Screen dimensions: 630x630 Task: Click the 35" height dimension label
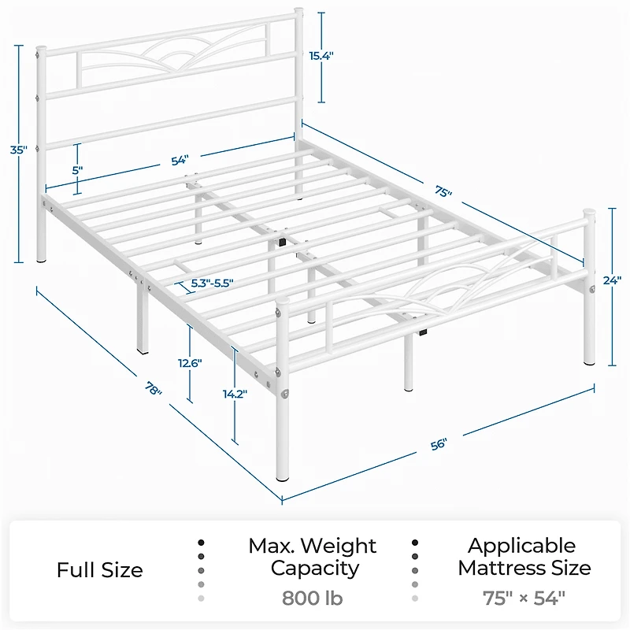(x=18, y=150)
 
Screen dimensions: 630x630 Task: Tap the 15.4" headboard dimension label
(x=321, y=56)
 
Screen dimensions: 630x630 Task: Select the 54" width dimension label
(x=180, y=161)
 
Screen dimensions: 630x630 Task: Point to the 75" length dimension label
(x=443, y=191)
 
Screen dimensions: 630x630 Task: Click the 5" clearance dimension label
(x=77, y=170)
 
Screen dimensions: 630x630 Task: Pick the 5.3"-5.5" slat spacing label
(x=212, y=283)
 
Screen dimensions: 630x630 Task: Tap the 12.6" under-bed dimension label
(x=190, y=363)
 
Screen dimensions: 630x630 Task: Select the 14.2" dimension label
(x=235, y=395)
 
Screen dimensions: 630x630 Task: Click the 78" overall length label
(x=153, y=388)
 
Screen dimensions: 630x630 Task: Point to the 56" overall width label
(x=439, y=444)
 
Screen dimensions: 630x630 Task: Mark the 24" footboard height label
(x=612, y=280)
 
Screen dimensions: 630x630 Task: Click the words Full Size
(x=100, y=570)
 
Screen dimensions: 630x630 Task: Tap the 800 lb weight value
(x=312, y=598)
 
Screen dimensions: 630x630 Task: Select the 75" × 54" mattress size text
(x=524, y=598)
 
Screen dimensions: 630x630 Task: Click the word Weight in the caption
(x=339, y=546)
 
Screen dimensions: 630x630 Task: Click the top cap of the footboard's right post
(x=589, y=211)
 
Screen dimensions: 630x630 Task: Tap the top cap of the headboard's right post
(x=298, y=9)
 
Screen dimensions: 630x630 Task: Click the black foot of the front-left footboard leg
(x=283, y=479)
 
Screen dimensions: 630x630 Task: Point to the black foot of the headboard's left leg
(x=41, y=261)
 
